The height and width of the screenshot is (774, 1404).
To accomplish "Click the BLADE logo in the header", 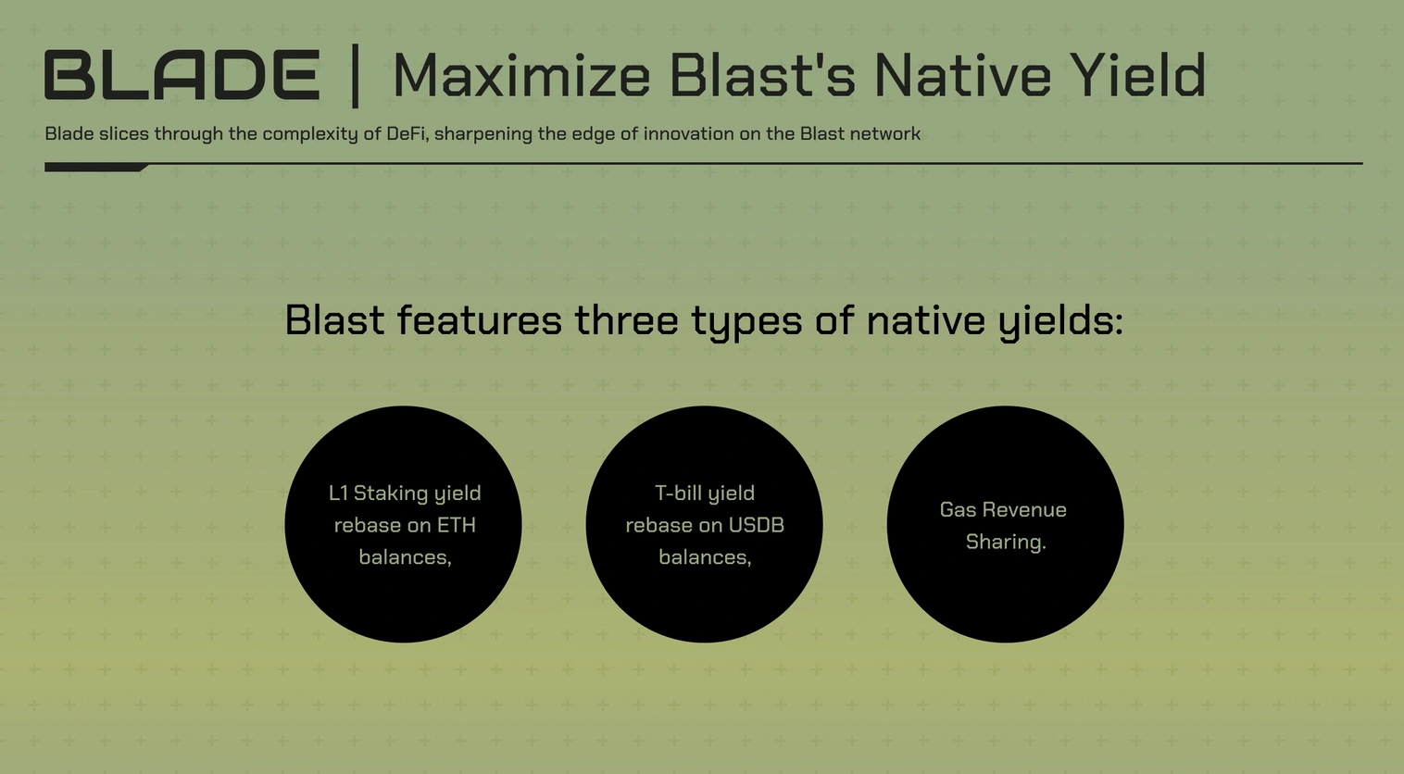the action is coord(182,75).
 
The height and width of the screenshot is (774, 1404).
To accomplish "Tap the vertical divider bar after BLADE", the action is coord(356,76).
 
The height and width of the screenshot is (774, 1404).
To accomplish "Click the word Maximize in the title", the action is coord(521,75).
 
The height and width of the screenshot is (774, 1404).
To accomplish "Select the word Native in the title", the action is coord(961,75).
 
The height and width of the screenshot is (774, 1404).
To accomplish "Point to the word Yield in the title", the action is coord(1137,75).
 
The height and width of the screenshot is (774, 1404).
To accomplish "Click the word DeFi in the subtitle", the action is coord(407,133).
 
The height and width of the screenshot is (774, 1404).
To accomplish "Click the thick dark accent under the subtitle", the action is coord(96,168).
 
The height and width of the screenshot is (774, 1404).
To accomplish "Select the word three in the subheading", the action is coord(626,320).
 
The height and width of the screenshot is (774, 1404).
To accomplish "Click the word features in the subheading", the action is coord(480,320).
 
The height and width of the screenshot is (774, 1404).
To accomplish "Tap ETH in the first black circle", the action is coord(457,525).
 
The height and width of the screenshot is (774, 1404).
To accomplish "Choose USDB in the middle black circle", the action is coord(756,525).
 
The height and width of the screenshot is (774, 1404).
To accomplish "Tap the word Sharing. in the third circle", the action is coord(1006,543).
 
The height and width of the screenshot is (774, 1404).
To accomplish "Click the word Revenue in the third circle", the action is coord(1025,510).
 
